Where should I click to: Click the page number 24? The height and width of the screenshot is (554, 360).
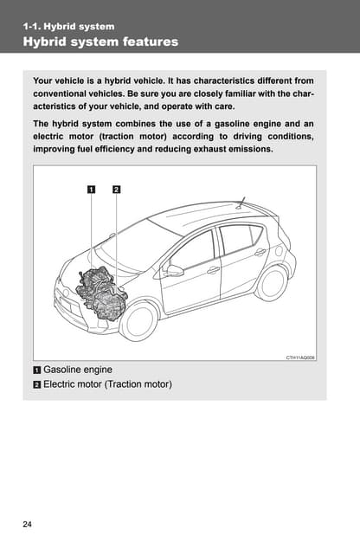tap(27, 524)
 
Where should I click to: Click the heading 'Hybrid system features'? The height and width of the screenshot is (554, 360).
tap(100, 42)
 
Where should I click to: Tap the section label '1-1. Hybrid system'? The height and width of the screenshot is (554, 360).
tap(68, 27)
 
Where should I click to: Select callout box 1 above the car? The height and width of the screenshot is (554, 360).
tap(91, 190)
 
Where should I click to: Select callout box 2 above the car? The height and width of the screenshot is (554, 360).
tap(116, 190)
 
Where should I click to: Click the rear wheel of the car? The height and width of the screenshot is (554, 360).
tap(273, 283)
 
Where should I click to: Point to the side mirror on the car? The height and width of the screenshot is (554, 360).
tap(174, 271)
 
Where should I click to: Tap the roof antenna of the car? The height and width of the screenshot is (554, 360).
tap(241, 203)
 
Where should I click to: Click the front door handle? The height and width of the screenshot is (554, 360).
tap(213, 270)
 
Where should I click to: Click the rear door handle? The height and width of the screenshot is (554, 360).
tap(260, 252)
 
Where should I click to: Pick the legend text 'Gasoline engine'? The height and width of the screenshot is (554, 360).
tap(78, 370)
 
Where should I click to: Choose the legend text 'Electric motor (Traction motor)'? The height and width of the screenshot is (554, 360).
tap(108, 384)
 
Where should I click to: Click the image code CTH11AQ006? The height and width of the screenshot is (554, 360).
tap(300, 358)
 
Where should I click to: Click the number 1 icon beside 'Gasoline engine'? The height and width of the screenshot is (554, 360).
tap(36, 370)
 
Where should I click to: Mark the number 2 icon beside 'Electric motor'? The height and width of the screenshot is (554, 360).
tap(36, 384)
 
